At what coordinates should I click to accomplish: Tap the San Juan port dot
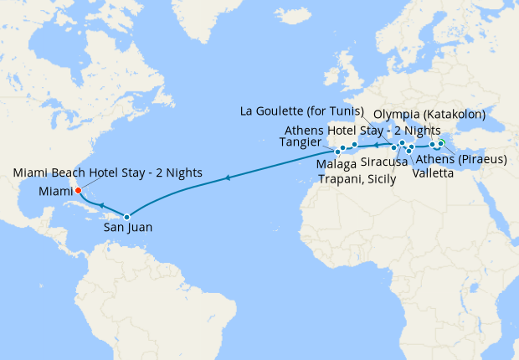(x=127, y=217)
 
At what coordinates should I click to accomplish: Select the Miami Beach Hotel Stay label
(x=108, y=172)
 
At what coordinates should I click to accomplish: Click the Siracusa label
(x=384, y=163)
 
